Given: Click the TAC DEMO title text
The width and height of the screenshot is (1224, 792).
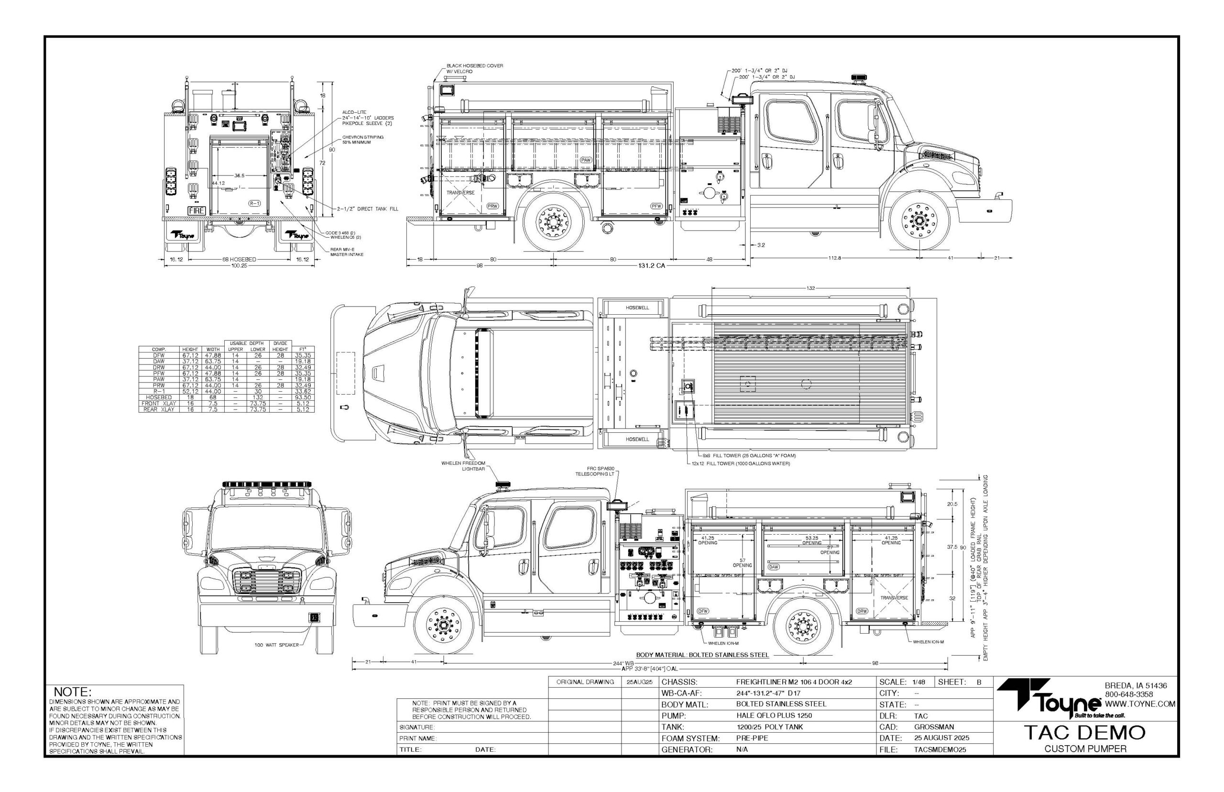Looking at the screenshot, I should click(1085, 732).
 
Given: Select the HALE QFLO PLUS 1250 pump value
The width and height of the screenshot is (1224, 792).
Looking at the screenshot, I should click(774, 715).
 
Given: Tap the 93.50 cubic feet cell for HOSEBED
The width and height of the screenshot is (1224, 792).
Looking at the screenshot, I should click(302, 397).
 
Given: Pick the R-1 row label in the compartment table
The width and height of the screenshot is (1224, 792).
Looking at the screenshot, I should click(158, 391).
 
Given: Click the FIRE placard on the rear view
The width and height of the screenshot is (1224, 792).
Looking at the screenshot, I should click(197, 211).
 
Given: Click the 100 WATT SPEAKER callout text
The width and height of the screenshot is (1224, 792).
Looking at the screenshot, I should click(276, 645).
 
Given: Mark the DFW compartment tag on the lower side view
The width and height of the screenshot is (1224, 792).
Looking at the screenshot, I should click(702, 611).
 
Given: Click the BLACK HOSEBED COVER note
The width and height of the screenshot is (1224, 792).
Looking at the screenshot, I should click(474, 68).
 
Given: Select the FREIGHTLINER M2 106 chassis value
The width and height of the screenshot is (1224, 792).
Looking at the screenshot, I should click(794, 682).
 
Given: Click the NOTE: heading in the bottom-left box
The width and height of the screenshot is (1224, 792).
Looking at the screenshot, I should click(73, 692).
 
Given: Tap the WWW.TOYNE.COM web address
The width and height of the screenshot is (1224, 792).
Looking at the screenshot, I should click(1140, 704).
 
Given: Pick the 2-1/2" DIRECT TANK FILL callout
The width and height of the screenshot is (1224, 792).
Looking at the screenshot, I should click(367, 209).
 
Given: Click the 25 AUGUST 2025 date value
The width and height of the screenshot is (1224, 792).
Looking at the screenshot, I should click(941, 738).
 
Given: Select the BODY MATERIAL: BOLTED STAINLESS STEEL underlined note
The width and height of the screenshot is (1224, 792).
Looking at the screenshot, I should click(702, 655).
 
